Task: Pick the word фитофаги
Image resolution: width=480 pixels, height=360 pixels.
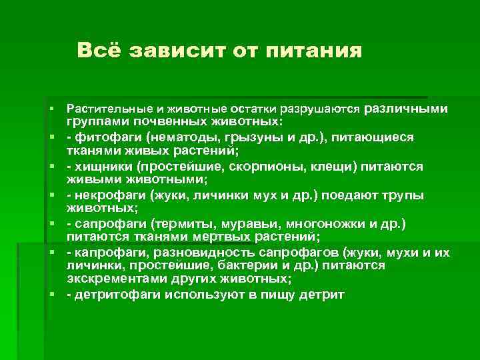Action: (101, 137)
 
